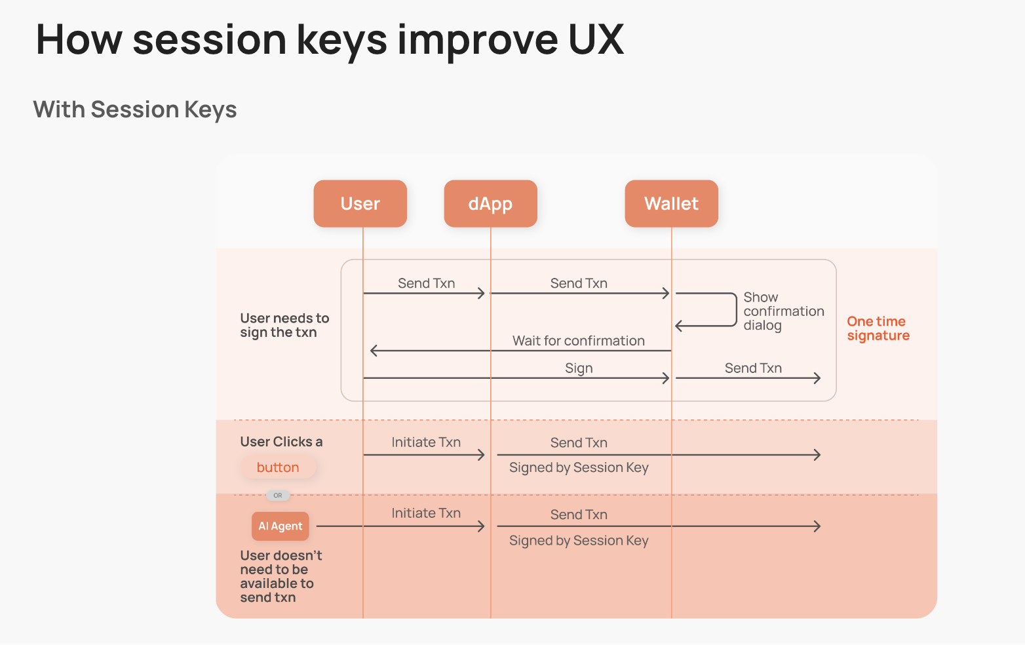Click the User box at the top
(360, 204)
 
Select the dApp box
(490, 204)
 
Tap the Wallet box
(671, 204)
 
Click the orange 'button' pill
(278, 467)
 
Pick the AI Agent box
(280, 526)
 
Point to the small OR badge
(278, 496)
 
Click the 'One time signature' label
(878, 328)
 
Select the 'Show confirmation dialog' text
(783, 311)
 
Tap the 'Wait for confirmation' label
(578, 341)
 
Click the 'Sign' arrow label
(579, 368)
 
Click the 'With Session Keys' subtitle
(135, 109)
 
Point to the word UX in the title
(596, 39)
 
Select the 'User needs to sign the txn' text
(284, 325)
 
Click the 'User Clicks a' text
(281, 442)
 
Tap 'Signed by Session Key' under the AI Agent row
(579, 541)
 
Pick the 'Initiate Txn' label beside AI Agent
(426, 513)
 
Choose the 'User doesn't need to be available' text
(280, 576)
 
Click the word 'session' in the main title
(210, 39)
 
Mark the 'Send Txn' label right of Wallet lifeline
(753, 368)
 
